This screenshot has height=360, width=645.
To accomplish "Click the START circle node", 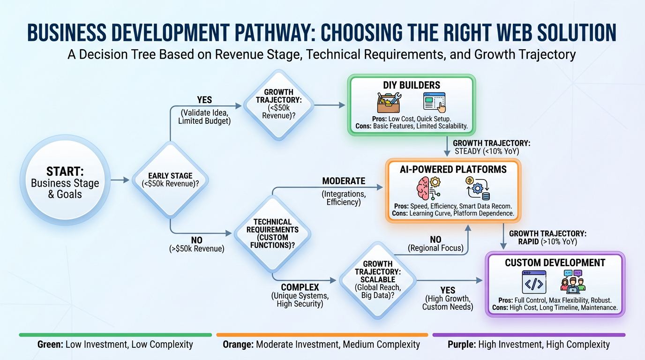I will coord(65,180).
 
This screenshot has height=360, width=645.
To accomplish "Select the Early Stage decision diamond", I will coord(170,180).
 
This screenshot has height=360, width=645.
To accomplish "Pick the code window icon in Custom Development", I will coord(534,283).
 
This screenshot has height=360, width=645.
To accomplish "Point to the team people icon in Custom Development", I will coord(573,282).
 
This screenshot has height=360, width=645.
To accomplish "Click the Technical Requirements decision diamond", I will coord(272,233).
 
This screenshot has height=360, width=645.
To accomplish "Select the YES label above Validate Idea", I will coord(204,100).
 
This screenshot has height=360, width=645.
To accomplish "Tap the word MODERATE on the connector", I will coord(344,181).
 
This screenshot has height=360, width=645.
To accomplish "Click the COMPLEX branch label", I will coord(300,287).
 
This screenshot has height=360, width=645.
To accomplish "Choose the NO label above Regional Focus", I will coord(435,239).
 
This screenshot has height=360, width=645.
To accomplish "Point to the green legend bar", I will coord(115,335).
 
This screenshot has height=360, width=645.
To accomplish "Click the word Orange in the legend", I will coord(237,345).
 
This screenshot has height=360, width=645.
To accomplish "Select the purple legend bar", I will coord(528,335).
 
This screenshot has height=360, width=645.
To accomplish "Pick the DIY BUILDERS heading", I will coord(412,85).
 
